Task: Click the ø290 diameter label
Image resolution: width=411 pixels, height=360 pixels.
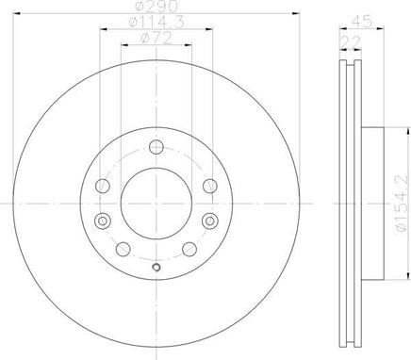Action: click(x=156, y=7)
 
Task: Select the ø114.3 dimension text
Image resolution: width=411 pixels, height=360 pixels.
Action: click(x=156, y=23)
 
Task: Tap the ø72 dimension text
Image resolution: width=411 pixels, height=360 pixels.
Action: click(x=156, y=39)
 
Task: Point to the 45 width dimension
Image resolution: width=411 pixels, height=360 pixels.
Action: click(x=362, y=22)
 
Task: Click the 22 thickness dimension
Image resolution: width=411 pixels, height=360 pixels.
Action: click(x=350, y=41)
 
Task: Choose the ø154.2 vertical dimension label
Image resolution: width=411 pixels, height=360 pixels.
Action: click(x=402, y=203)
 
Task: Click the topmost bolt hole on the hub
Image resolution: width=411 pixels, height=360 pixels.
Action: click(x=156, y=147)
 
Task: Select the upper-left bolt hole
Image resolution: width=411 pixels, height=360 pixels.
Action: click(x=103, y=186)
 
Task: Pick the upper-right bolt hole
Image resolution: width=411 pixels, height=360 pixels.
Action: click(x=210, y=186)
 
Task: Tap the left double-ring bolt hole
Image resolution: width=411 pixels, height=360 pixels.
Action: click(x=103, y=221)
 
